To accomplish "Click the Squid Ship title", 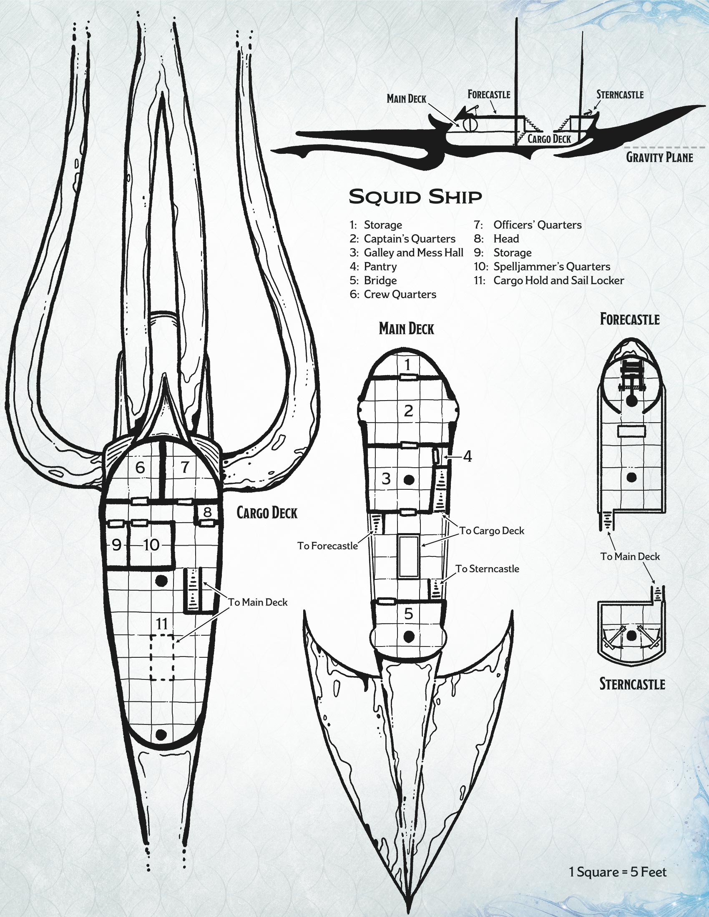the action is coord(415,196).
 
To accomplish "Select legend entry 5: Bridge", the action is coord(373,280).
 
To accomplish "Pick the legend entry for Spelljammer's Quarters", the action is coord(542,266).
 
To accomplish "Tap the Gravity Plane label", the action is coord(659,157).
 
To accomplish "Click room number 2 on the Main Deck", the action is coord(408,411).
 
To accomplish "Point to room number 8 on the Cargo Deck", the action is coord(208,512).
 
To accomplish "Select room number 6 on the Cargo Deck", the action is coord(140,467).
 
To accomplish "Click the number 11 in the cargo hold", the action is coord(162,624).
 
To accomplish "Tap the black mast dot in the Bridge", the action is coord(408,637).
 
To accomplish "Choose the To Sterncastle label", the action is coord(487,569).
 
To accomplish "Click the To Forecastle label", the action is coord(328,546).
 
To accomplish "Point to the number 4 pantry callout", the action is coord(468,456).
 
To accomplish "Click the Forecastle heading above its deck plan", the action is coord(630,319).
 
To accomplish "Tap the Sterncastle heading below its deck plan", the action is coord(632,684).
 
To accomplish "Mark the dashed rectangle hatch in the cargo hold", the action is coord(162,657).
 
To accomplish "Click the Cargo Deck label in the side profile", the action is coord(549,138).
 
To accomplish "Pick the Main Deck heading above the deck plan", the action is coord(406,328).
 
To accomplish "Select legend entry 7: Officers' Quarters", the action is coord(528,225).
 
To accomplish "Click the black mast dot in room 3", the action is coord(408,479).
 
